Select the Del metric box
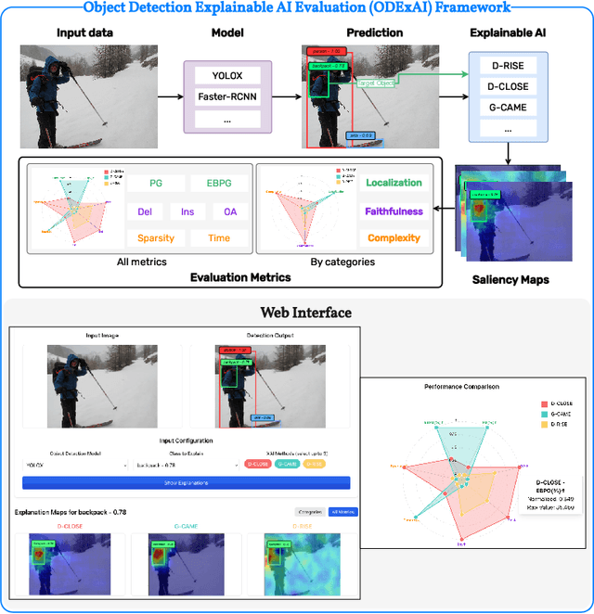pyautogui.click(x=144, y=211)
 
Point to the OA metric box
pyautogui.click(x=229, y=211)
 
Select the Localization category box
pyautogui.click(x=394, y=184)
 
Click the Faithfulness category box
pyautogui.click(x=394, y=211)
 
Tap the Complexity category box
pyautogui.click(x=394, y=238)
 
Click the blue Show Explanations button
pyautogui.click(x=186, y=482)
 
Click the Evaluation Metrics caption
pyautogui.click(x=239, y=277)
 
